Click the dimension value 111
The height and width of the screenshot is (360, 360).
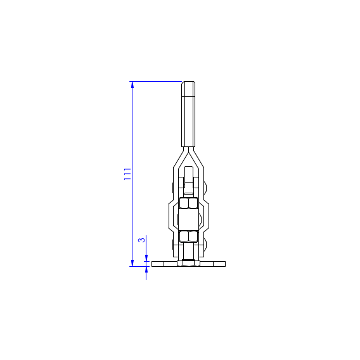tap(127, 174)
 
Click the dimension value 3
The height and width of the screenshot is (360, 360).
tap(142, 240)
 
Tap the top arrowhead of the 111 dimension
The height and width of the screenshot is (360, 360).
tap(132, 85)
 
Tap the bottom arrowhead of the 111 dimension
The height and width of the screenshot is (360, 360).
tap(132, 263)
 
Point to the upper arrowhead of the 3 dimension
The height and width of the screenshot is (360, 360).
tap(146, 258)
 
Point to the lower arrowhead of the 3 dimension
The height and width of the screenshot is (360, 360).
tap(146, 270)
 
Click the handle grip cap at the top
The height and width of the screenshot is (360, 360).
tap(188, 89)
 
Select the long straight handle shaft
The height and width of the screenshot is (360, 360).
tap(188, 122)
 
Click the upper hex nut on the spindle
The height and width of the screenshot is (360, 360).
tap(188, 203)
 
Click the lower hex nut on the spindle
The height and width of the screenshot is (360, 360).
tap(188, 236)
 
